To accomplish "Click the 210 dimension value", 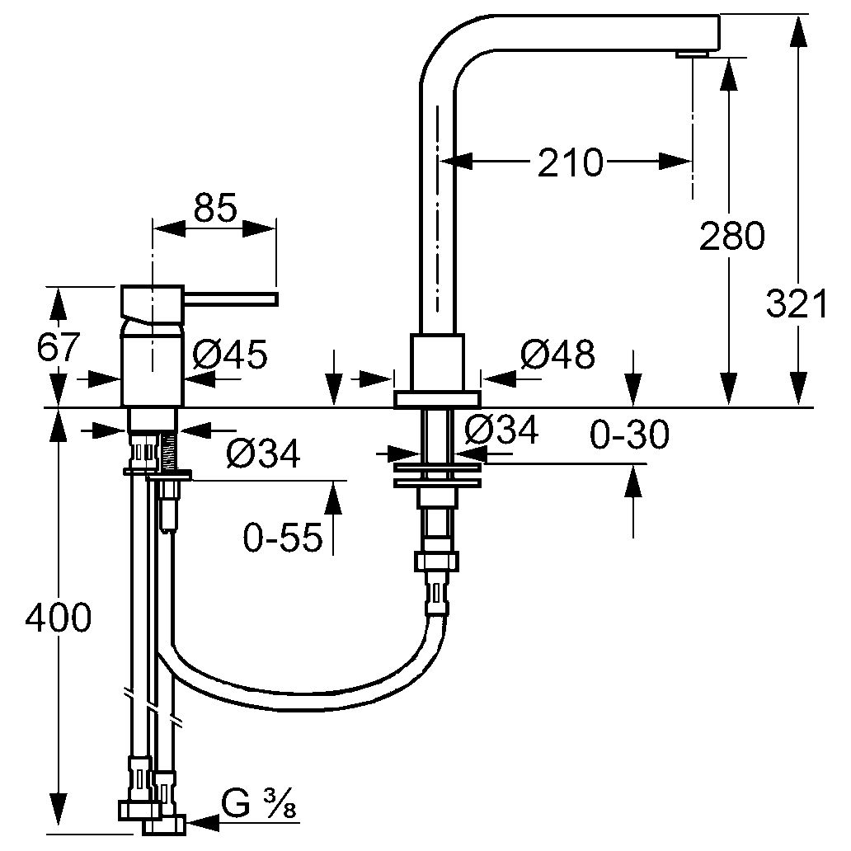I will [x=570, y=162].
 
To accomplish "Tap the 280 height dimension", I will [x=731, y=237].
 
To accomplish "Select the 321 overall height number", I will [x=796, y=305].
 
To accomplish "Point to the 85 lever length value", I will [x=215, y=208].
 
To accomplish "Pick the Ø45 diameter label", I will [x=230, y=356].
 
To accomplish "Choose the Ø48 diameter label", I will [x=557, y=355].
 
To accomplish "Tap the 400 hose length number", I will [x=57, y=618].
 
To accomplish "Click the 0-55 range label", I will [x=282, y=538].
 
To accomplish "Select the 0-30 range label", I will [x=629, y=435].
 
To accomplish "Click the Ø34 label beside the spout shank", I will [x=501, y=430].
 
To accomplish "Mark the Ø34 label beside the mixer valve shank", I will [x=263, y=452].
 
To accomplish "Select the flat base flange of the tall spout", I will [x=436, y=399].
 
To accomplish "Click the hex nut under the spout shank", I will [x=435, y=562].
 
